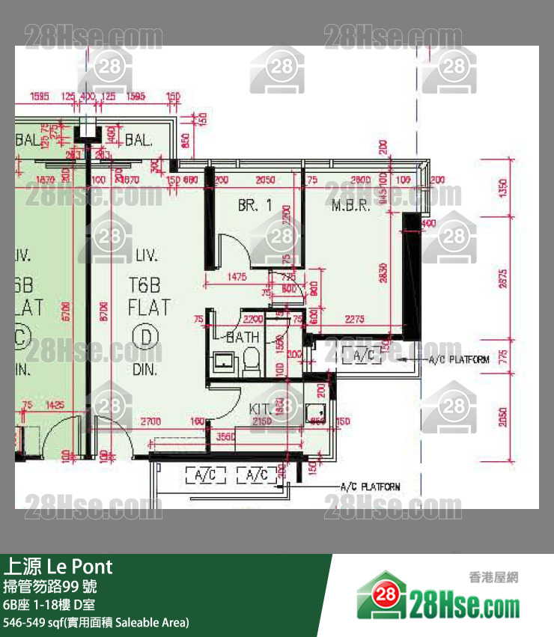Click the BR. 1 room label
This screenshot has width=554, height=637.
[x=255, y=205]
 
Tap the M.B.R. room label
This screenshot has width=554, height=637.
[x=351, y=205]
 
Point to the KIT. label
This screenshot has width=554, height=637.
[x=261, y=409]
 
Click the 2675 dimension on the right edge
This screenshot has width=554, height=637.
[x=502, y=278]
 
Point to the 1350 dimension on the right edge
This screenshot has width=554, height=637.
[x=502, y=188]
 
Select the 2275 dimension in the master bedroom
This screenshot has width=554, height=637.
[x=354, y=319]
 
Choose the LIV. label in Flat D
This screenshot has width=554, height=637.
[x=147, y=257]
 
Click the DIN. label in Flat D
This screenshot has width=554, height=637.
[x=144, y=369]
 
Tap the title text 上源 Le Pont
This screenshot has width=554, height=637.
[x=58, y=566]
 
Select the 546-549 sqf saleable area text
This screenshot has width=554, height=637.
[x=96, y=622]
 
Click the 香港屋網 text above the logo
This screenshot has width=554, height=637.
[x=493, y=577]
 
